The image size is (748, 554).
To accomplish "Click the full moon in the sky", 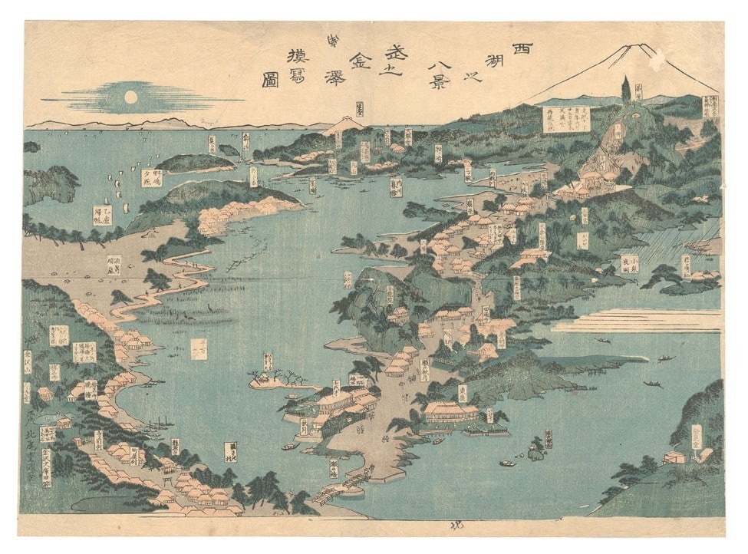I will click(130, 97).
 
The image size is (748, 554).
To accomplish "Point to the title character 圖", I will click(269, 80).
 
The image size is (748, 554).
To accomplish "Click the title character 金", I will click(359, 59).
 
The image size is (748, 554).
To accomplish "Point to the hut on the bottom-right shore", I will click(675, 457).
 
